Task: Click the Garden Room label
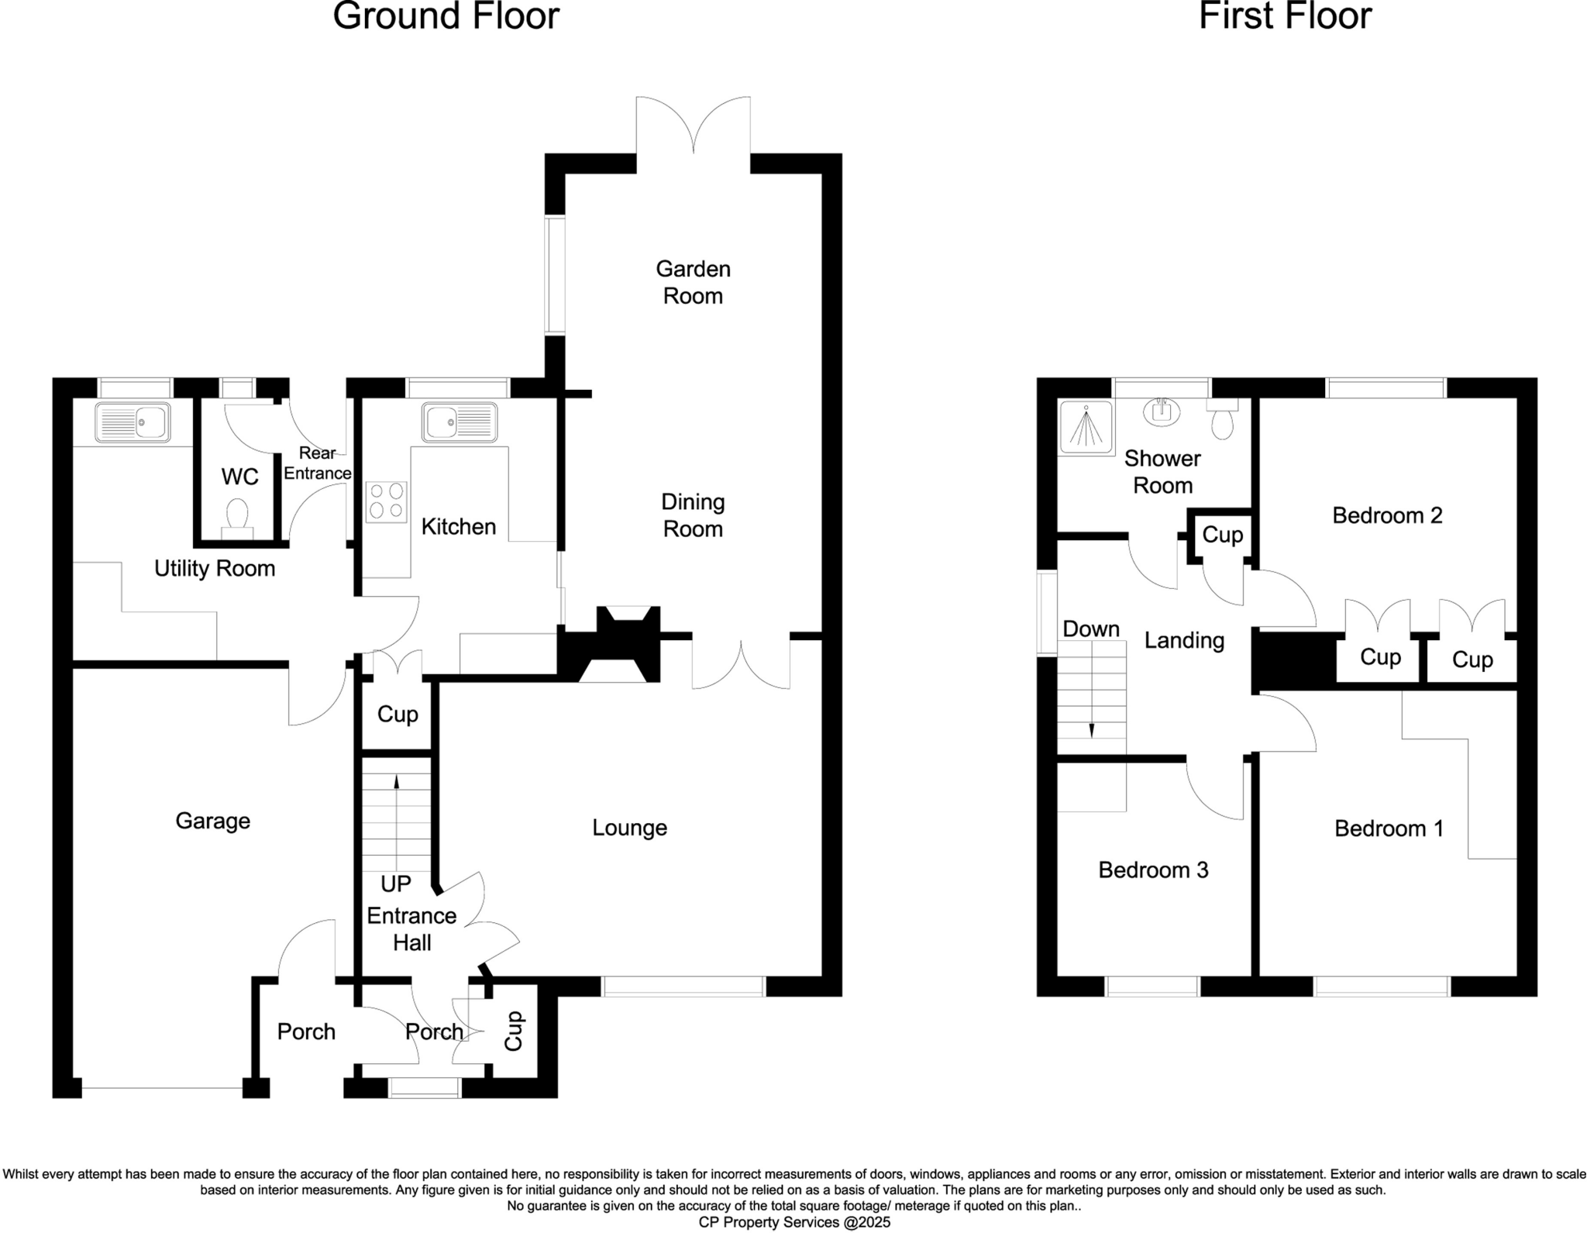693,282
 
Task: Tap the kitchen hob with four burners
387,501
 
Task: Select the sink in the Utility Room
133,423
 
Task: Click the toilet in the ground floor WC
237,516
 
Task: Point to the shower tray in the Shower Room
1086,425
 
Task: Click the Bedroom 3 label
1153,870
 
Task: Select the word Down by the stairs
1091,629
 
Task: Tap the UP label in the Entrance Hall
395,883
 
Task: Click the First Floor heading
1285,17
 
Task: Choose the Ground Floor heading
446,17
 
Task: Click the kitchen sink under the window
460,422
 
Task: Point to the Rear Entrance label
317,463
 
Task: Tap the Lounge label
629,828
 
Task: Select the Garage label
212,821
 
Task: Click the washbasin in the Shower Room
1161,412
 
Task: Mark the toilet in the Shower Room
1222,419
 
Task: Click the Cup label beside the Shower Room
1222,535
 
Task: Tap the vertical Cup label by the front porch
513,1032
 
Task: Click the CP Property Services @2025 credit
794,1222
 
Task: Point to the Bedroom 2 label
1387,515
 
